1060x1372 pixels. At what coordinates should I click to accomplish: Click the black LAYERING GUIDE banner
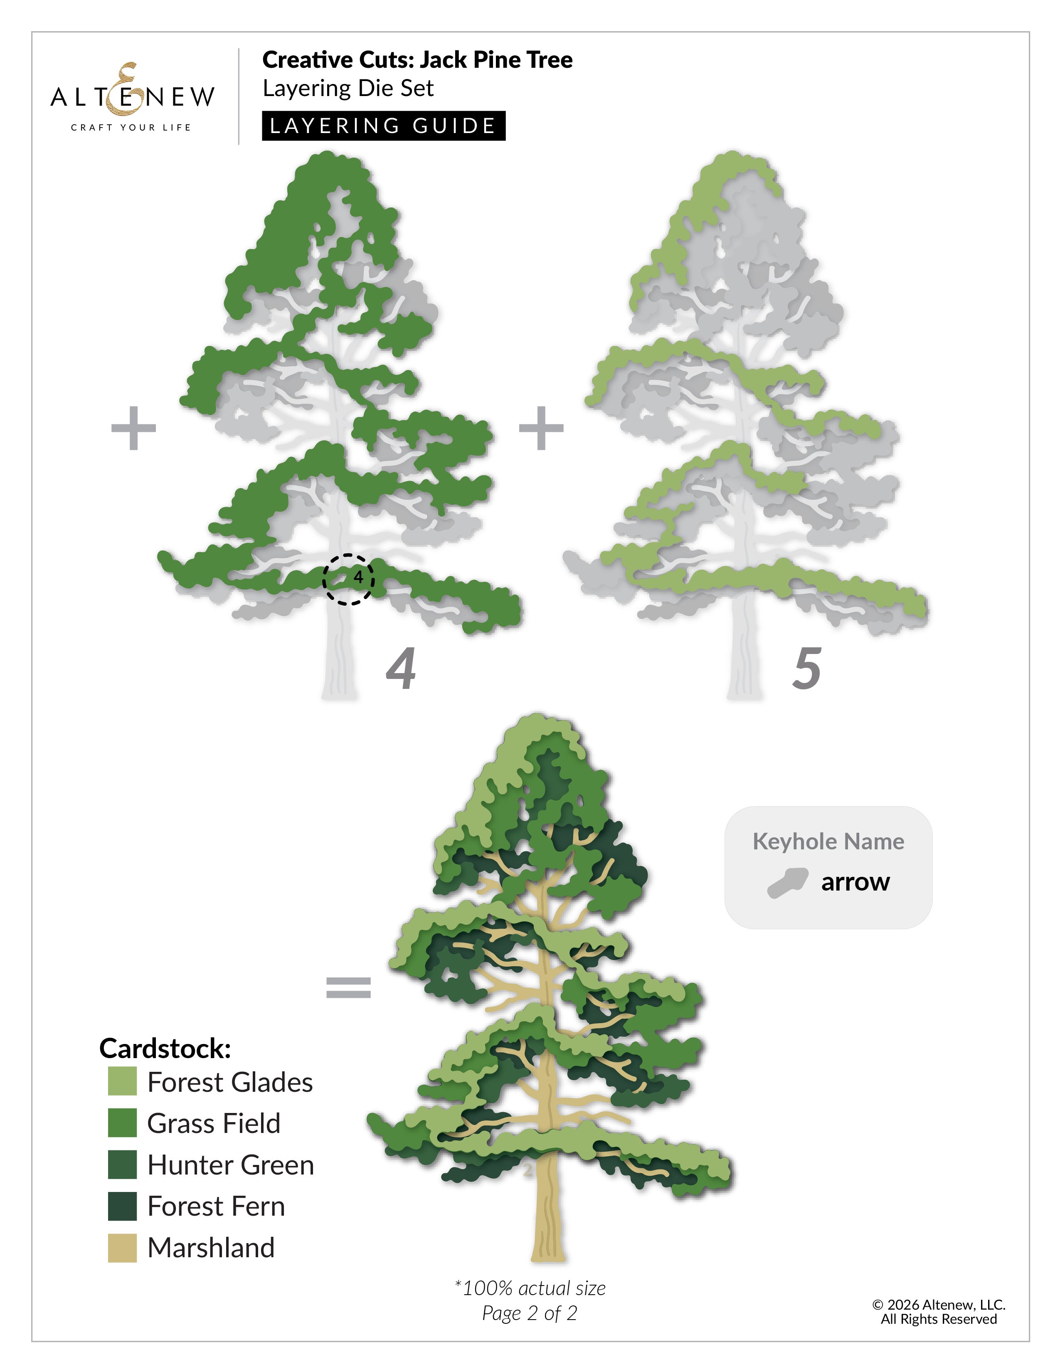[x=384, y=126]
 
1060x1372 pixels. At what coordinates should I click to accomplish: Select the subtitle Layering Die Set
[x=348, y=89]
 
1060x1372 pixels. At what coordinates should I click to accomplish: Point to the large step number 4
[x=401, y=669]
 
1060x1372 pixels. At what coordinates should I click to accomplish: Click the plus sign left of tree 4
[x=133, y=428]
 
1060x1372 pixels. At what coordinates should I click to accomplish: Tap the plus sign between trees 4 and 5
[x=541, y=428]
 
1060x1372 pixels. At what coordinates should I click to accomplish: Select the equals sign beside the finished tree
[x=348, y=987]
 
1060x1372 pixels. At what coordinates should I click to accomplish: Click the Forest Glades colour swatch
[x=123, y=1081]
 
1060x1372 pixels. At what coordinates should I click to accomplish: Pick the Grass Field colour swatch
[x=123, y=1123]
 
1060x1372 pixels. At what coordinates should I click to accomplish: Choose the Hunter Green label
[x=230, y=1165]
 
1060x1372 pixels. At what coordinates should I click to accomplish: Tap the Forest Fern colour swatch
[x=123, y=1206]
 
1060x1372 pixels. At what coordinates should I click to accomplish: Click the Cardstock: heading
[x=165, y=1048]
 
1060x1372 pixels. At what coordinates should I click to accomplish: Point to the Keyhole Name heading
[x=828, y=841]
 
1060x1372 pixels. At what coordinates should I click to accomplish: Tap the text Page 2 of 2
[x=529, y=1313]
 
